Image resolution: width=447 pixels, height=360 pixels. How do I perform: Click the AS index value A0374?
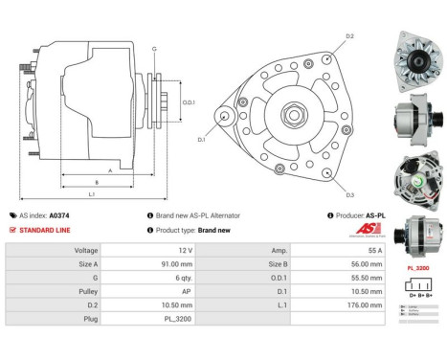tap(59, 215)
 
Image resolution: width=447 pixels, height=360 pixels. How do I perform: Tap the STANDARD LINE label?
tap(45, 230)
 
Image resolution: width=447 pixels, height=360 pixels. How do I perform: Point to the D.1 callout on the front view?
tap(202, 140)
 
